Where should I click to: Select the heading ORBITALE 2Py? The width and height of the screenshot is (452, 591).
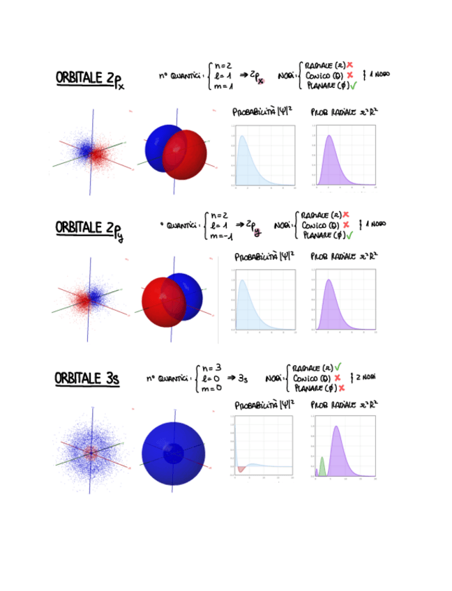89,229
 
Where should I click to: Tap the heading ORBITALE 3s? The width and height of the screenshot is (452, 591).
86,378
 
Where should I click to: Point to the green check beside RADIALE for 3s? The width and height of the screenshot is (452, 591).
338,367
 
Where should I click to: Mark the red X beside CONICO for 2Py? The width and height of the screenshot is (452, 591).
346,225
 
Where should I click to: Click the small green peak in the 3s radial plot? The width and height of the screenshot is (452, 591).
322,466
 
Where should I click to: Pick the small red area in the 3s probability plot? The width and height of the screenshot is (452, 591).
241,469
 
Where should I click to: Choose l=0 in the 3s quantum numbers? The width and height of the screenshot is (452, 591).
211,378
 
